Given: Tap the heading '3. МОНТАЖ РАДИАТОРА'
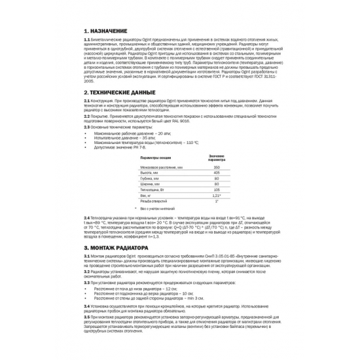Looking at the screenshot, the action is tap(116, 249).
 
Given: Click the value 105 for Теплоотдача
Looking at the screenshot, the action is tap(216, 190).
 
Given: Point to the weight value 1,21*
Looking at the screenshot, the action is tap(216, 196).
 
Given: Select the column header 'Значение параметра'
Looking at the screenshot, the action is tap(216, 158).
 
